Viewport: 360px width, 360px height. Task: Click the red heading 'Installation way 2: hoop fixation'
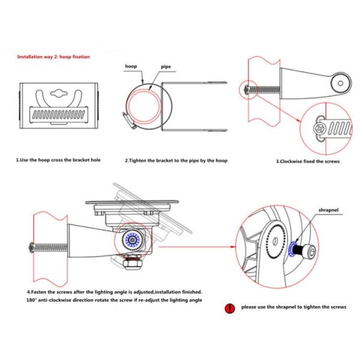pos(53,56)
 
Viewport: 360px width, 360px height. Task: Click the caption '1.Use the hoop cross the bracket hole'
pos(59,160)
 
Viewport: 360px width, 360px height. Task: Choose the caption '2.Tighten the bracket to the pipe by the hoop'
pos(176,160)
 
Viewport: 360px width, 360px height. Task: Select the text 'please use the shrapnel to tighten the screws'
pos(294,307)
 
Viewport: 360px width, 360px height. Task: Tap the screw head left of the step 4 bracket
pos(31,245)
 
